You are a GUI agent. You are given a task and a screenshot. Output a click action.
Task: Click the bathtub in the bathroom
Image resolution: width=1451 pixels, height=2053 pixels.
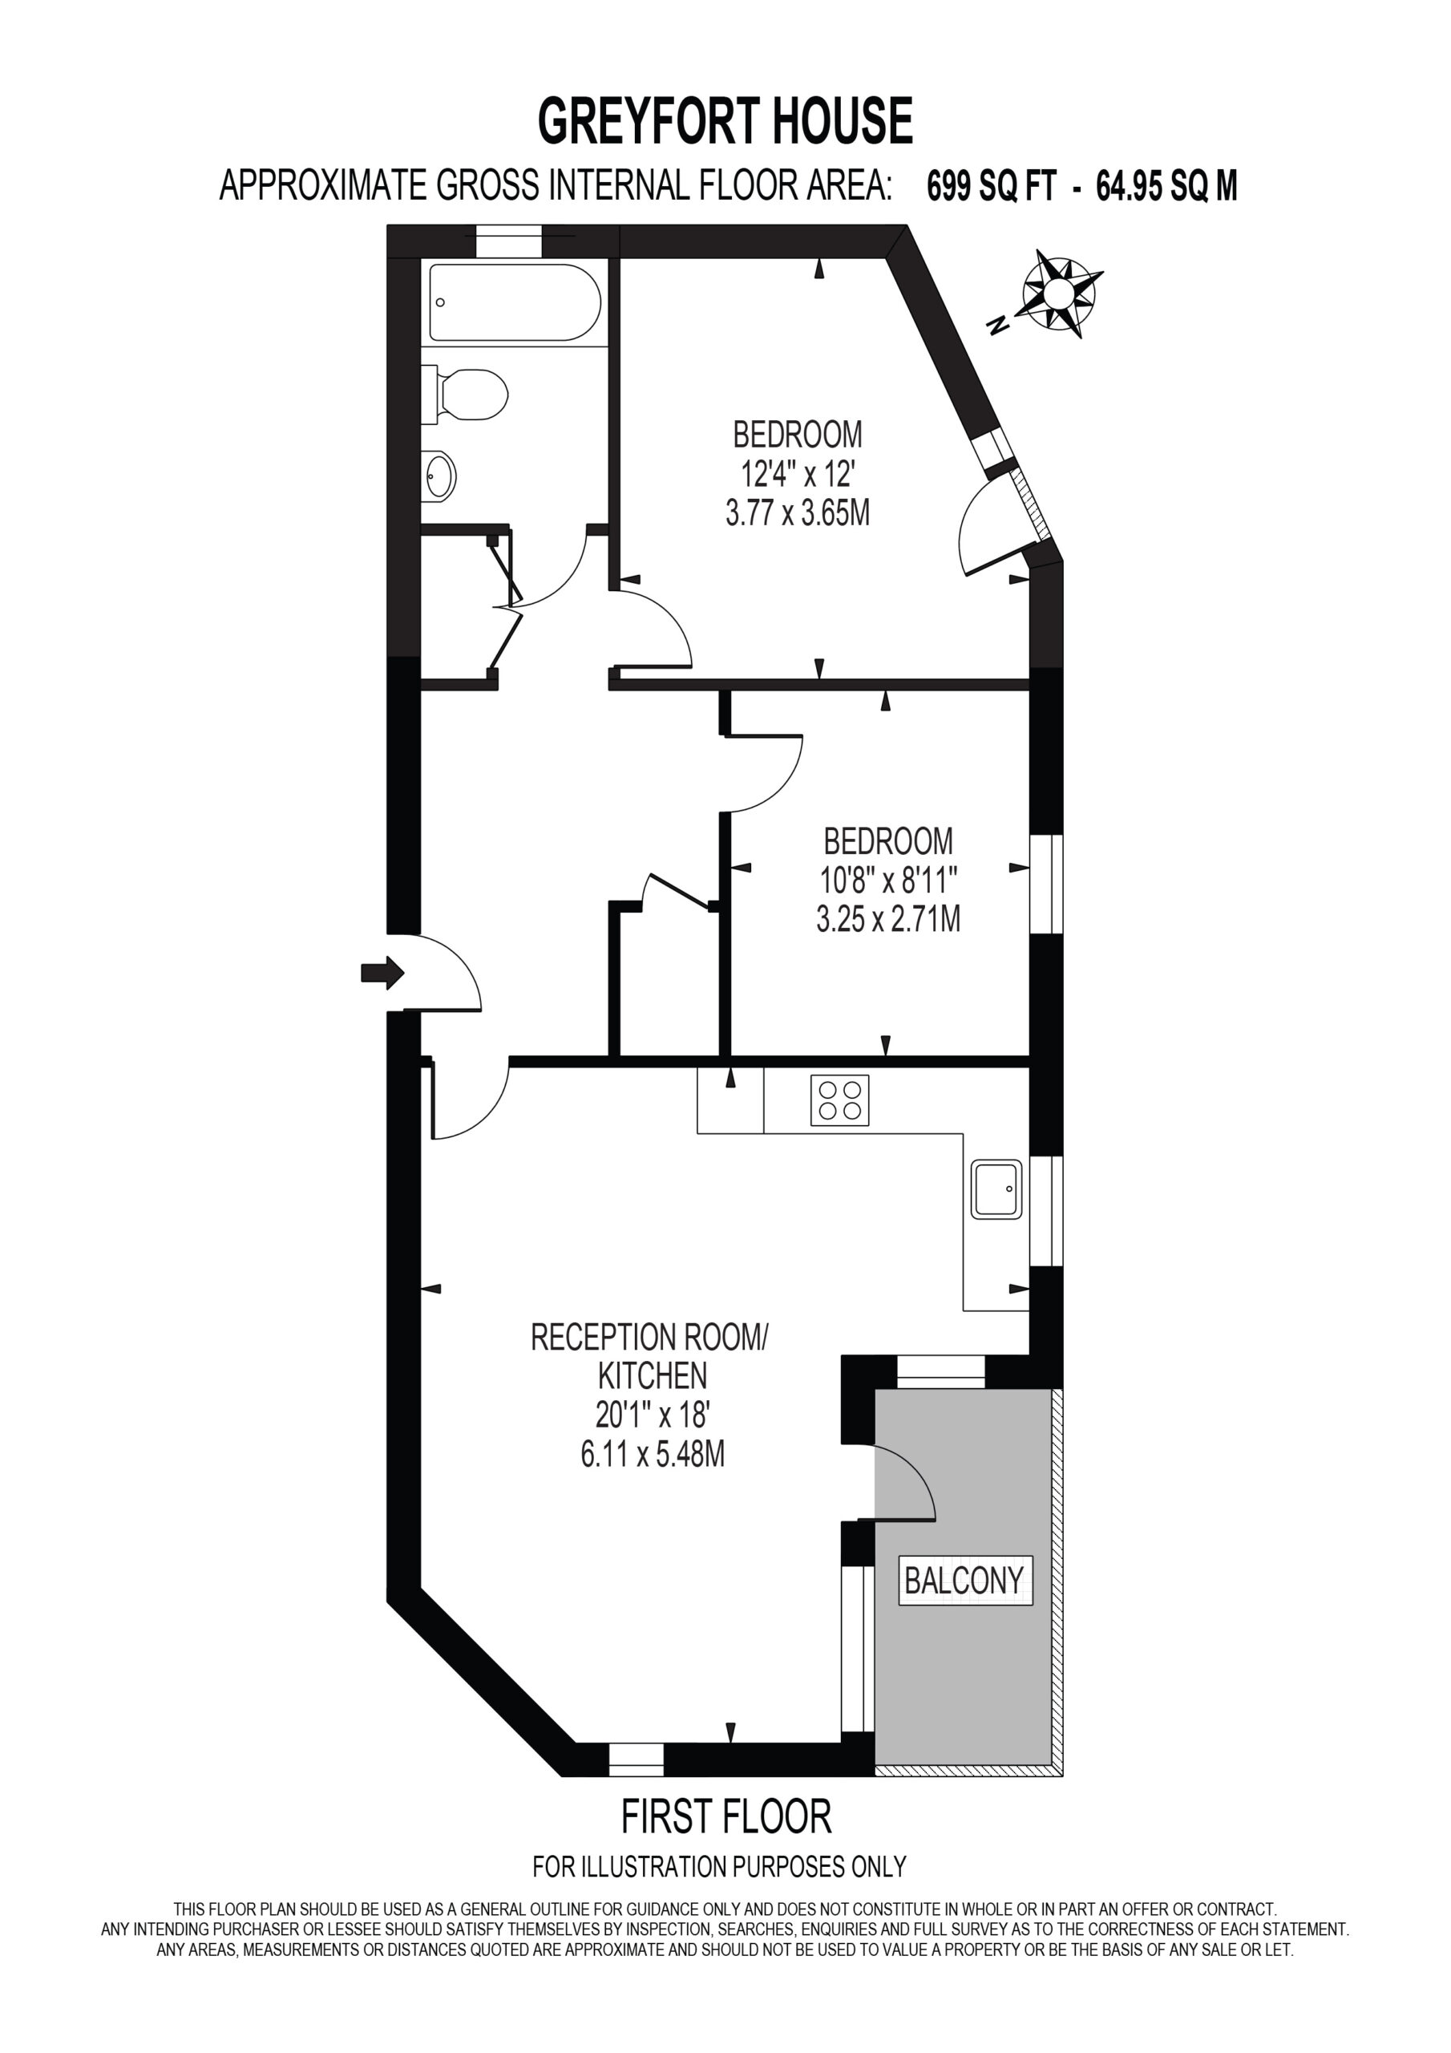point(515,302)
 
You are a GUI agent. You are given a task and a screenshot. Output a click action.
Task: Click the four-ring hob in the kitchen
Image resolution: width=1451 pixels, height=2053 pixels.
point(839,1099)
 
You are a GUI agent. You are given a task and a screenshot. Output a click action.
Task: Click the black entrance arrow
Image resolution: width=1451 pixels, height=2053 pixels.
point(382,972)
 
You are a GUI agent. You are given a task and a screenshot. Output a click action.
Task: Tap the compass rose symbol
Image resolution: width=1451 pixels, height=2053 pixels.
point(1061,293)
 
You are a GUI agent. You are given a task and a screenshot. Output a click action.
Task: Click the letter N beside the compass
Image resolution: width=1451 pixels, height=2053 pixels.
point(998,326)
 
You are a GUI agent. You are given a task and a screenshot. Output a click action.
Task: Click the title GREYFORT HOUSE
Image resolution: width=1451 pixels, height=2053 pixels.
point(725,121)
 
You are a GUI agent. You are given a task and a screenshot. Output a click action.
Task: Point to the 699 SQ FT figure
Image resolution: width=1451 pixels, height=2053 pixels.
point(992,186)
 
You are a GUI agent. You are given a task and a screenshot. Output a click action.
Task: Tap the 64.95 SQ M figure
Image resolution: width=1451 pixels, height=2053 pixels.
point(1166,186)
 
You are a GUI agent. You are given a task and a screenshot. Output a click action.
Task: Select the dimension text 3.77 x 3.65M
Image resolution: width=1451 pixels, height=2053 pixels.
point(798,513)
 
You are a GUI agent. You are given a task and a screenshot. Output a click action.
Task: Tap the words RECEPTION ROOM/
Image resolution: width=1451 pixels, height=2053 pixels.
point(650,1338)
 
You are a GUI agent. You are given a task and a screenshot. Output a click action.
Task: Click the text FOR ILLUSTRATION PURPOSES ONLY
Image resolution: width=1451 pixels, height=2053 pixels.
point(720,1867)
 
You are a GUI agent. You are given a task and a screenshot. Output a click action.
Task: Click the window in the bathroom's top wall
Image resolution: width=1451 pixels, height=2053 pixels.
point(509,242)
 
